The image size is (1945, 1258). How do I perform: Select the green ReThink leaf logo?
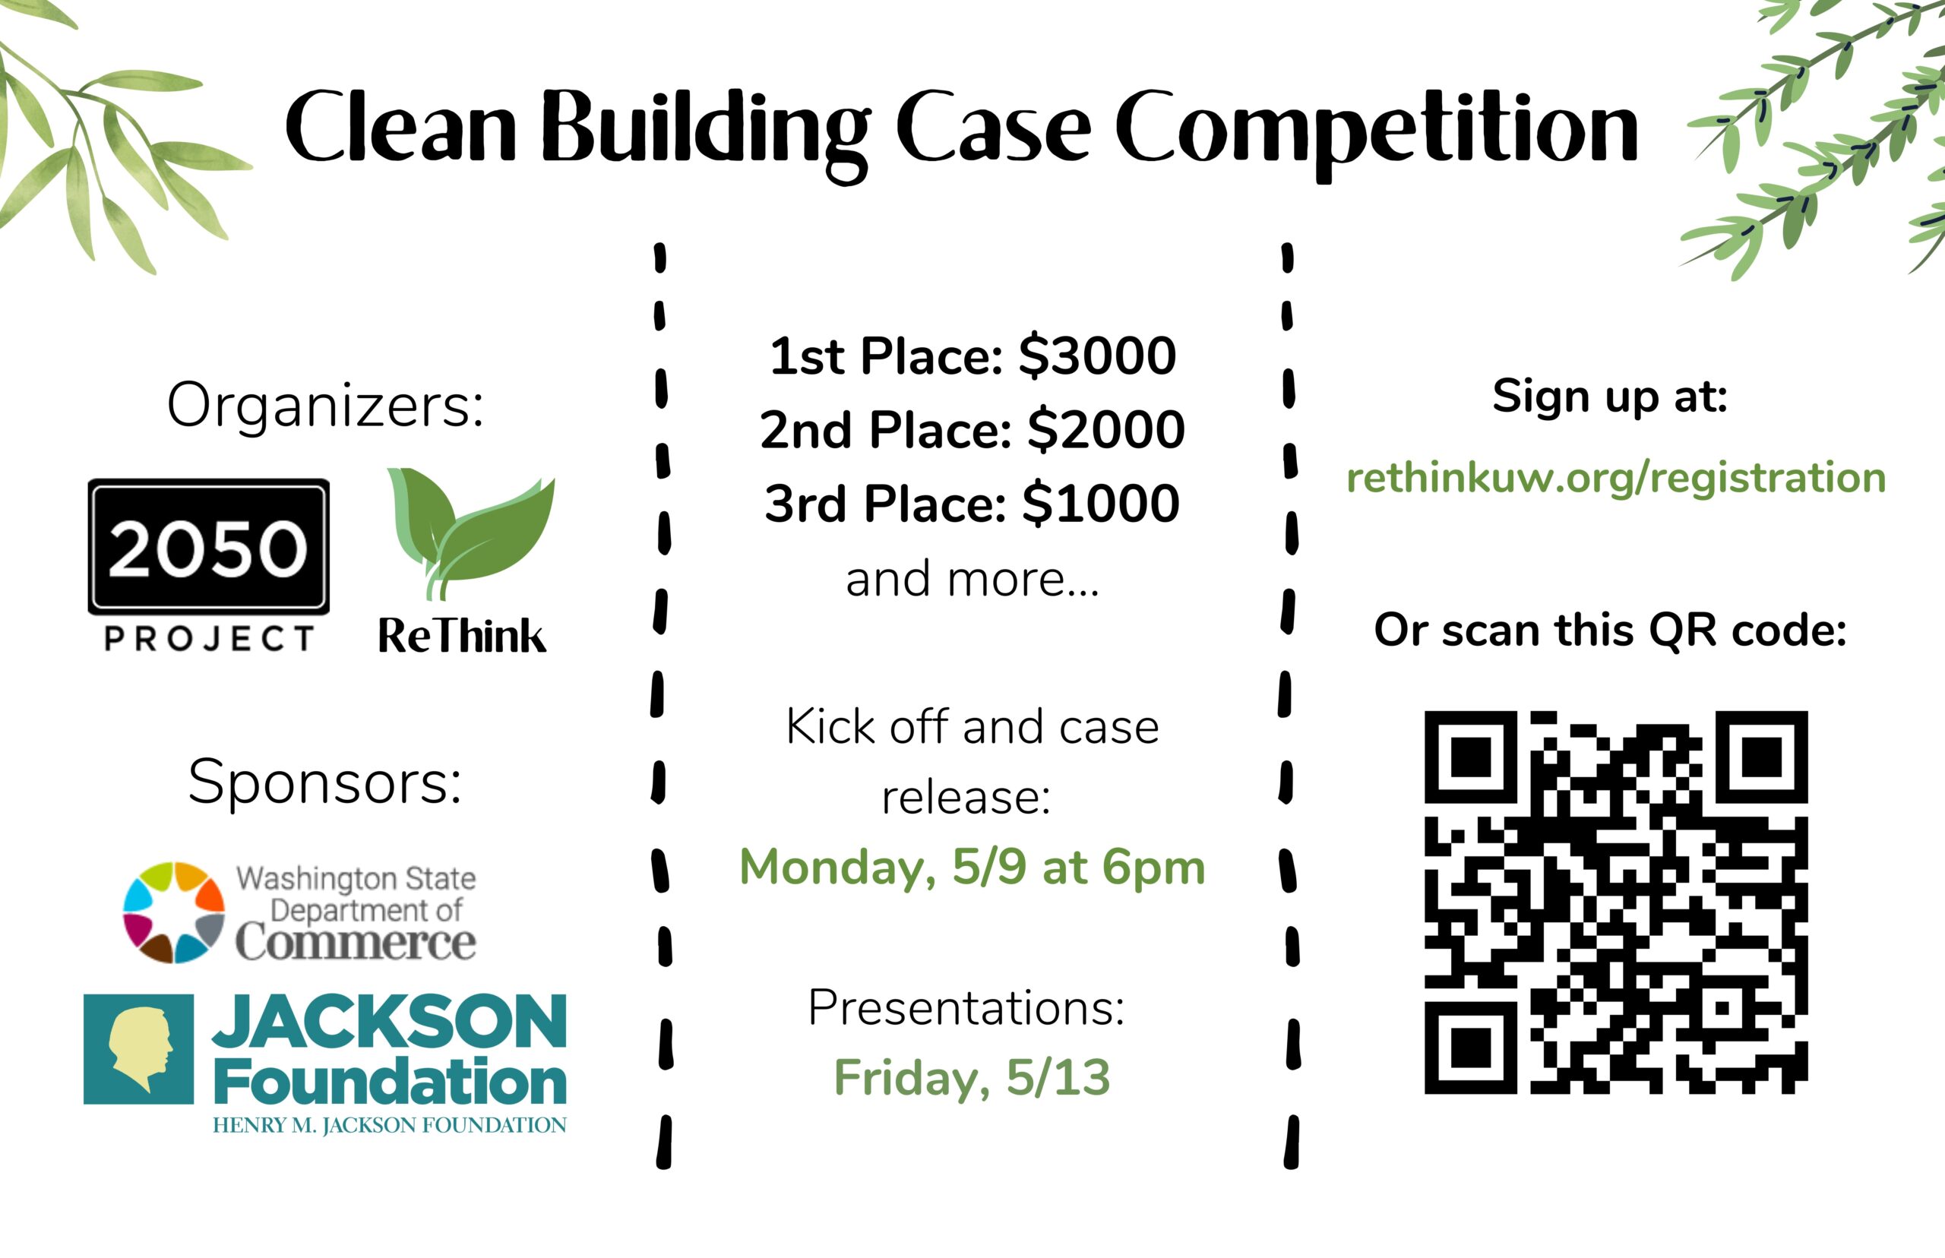[470, 533]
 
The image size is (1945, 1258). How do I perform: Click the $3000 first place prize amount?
[1097, 356]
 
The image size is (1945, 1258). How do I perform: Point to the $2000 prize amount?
[1105, 430]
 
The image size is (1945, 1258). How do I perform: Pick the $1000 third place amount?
[1100, 503]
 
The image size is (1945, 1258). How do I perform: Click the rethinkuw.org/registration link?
[1616, 479]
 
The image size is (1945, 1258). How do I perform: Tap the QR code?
[1616, 902]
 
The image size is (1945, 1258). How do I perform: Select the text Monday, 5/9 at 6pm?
[972, 868]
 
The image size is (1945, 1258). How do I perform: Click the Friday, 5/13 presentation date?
[972, 1077]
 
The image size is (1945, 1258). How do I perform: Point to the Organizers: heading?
[325, 405]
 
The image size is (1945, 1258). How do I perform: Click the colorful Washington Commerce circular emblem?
[173, 912]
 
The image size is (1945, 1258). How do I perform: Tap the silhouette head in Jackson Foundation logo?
[141, 1049]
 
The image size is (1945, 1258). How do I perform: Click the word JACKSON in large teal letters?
[390, 1022]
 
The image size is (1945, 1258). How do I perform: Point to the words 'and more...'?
[972, 579]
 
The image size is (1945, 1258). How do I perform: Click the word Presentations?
[966, 1008]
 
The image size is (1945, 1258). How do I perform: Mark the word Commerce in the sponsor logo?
[356, 942]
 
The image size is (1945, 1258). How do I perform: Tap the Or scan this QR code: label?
[1610, 631]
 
